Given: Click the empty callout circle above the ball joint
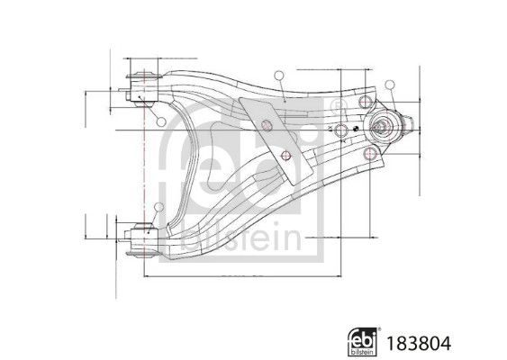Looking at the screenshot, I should pos(391,85).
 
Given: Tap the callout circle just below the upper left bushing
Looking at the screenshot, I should pos(158,122).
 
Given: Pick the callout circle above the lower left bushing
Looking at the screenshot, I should pos(158,210).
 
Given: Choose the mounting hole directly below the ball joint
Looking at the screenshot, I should pos(367,156).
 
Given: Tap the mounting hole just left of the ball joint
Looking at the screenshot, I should pos(342,131).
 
